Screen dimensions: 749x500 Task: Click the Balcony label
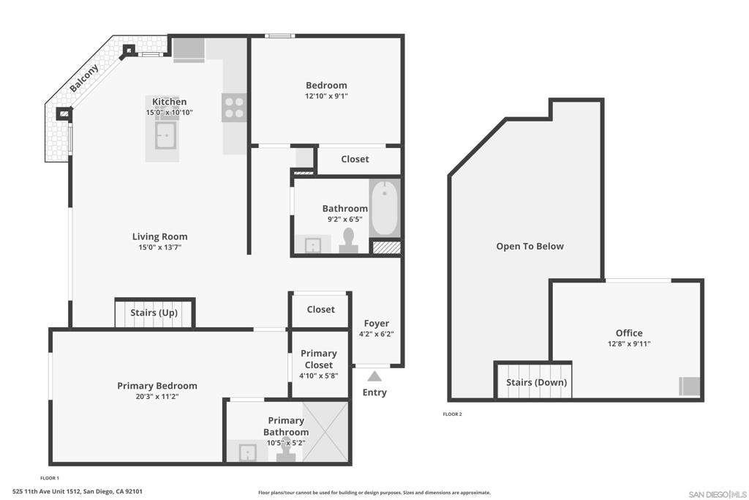click(84, 78)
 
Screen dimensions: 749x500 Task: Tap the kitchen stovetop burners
click(234, 108)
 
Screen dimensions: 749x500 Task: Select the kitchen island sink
click(165, 135)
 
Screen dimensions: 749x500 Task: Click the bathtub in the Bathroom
click(385, 209)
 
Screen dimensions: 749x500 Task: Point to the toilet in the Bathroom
click(349, 241)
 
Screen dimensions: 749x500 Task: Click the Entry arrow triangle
click(374, 376)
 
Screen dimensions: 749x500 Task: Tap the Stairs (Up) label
click(154, 313)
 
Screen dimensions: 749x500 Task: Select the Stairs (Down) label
click(536, 382)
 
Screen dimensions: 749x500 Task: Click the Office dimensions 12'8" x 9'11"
click(629, 343)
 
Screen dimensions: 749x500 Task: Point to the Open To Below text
click(530, 246)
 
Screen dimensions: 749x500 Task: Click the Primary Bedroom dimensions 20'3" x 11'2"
click(157, 396)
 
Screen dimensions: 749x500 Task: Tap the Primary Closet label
click(319, 359)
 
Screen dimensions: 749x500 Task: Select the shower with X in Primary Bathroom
click(325, 432)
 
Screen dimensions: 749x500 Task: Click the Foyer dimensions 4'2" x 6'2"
click(377, 334)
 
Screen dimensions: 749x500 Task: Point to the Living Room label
click(159, 236)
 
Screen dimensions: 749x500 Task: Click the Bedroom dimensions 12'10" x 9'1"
click(326, 96)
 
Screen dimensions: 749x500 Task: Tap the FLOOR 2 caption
click(452, 414)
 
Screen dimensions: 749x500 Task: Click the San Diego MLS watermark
click(718, 494)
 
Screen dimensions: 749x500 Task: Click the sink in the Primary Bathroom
click(247, 452)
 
